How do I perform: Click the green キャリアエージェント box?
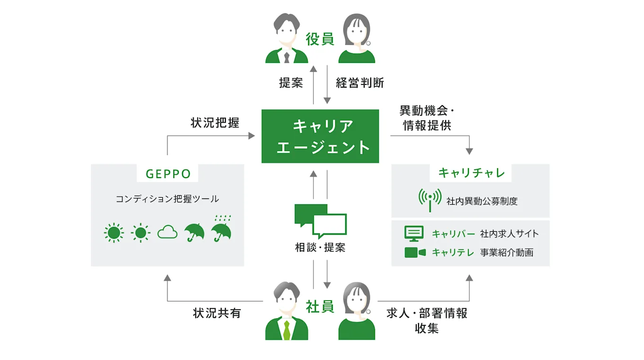(320, 136)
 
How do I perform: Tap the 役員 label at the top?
(320, 39)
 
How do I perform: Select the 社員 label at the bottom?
(320, 306)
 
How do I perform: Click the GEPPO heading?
(168, 174)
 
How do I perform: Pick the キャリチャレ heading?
(471, 173)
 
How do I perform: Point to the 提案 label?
(291, 83)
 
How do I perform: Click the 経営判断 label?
(360, 83)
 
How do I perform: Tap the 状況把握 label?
(215, 123)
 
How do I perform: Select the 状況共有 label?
(217, 313)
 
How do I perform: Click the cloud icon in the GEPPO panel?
(167, 232)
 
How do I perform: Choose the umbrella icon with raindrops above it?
(221, 228)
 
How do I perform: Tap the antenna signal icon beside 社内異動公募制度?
(429, 199)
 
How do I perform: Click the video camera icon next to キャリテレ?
(415, 252)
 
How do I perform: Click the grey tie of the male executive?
(286, 57)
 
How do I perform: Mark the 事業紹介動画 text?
(507, 252)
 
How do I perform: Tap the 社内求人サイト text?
(510, 234)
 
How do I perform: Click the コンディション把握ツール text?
(167, 199)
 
